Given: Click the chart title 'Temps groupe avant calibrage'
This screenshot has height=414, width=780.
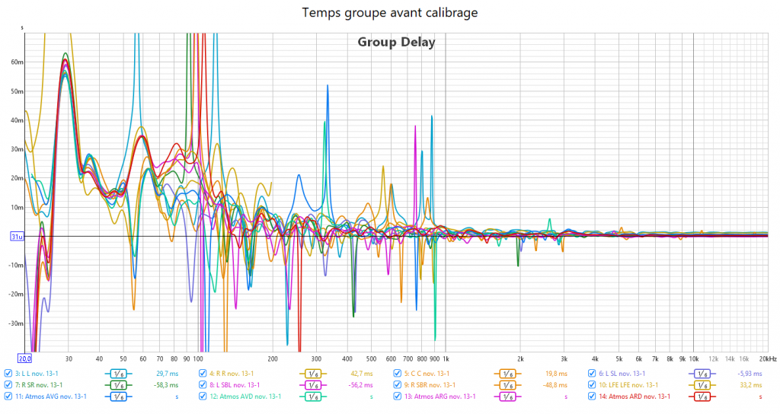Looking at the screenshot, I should pyautogui.click(x=389, y=13).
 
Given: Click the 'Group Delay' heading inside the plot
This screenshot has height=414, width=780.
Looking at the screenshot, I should pyautogui.click(x=396, y=43).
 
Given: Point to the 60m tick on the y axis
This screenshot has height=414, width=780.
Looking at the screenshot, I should pyautogui.click(x=17, y=62).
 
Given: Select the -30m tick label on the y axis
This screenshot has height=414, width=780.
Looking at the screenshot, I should pyautogui.click(x=15, y=323).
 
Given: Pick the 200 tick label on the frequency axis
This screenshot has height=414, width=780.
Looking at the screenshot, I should pyautogui.click(x=272, y=358).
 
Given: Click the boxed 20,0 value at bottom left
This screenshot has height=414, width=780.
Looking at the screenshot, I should pyautogui.click(x=24, y=358).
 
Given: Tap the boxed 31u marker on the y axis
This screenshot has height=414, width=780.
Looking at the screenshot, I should pyautogui.click(x=15, y=237).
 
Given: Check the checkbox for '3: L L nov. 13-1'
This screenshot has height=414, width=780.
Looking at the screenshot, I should pyautogui.click(x=8, y=374).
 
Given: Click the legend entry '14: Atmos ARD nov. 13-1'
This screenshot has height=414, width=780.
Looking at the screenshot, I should pyautogui.click(x=635, y=396).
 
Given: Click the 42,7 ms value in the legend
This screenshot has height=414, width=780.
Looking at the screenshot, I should pyautogui.click(x=361, y=374).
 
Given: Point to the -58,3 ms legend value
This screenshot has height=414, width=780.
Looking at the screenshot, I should pyautogui.click(x=165, y=385).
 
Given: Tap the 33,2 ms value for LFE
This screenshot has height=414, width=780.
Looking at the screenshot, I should pyautogui.click(x=751, y=385).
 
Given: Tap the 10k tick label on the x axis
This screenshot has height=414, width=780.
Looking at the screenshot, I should pyautogui.click(x=693, y=358).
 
